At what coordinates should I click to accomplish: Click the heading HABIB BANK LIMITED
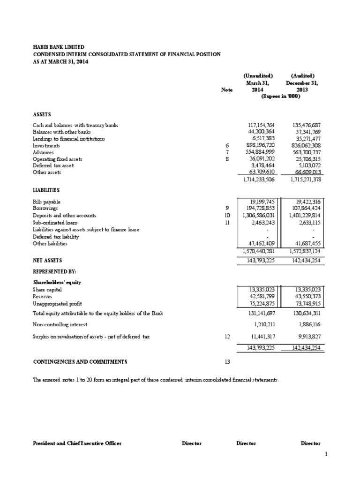coord(59,47)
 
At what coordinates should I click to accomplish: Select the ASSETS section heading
coord(43,114)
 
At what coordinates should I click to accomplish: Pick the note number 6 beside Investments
coord(227,146)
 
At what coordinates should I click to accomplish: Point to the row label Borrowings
coord(46,208)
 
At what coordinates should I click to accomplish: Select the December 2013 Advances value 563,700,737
coord(302,152)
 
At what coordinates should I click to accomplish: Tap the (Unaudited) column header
coord(258,76)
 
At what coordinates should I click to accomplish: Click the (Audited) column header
coord(302,76)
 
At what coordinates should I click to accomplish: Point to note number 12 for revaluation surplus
coord(227,336)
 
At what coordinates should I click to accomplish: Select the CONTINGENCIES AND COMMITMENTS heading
coord(80,362)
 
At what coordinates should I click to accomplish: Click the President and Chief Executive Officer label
coord(77,443)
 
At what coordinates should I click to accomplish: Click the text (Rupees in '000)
coord(280,96)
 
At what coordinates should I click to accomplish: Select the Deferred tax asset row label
coord(53,165)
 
